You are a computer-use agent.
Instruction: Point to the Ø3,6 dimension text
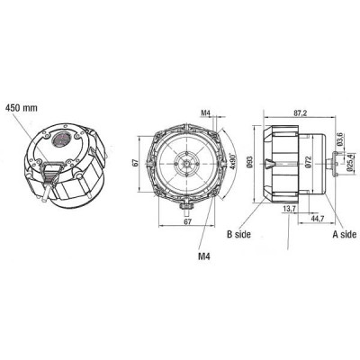(339, 139)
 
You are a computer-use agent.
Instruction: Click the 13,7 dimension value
(288, 208)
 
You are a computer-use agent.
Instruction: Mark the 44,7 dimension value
(317, 217)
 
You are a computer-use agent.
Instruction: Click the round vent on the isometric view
(65, 140)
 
